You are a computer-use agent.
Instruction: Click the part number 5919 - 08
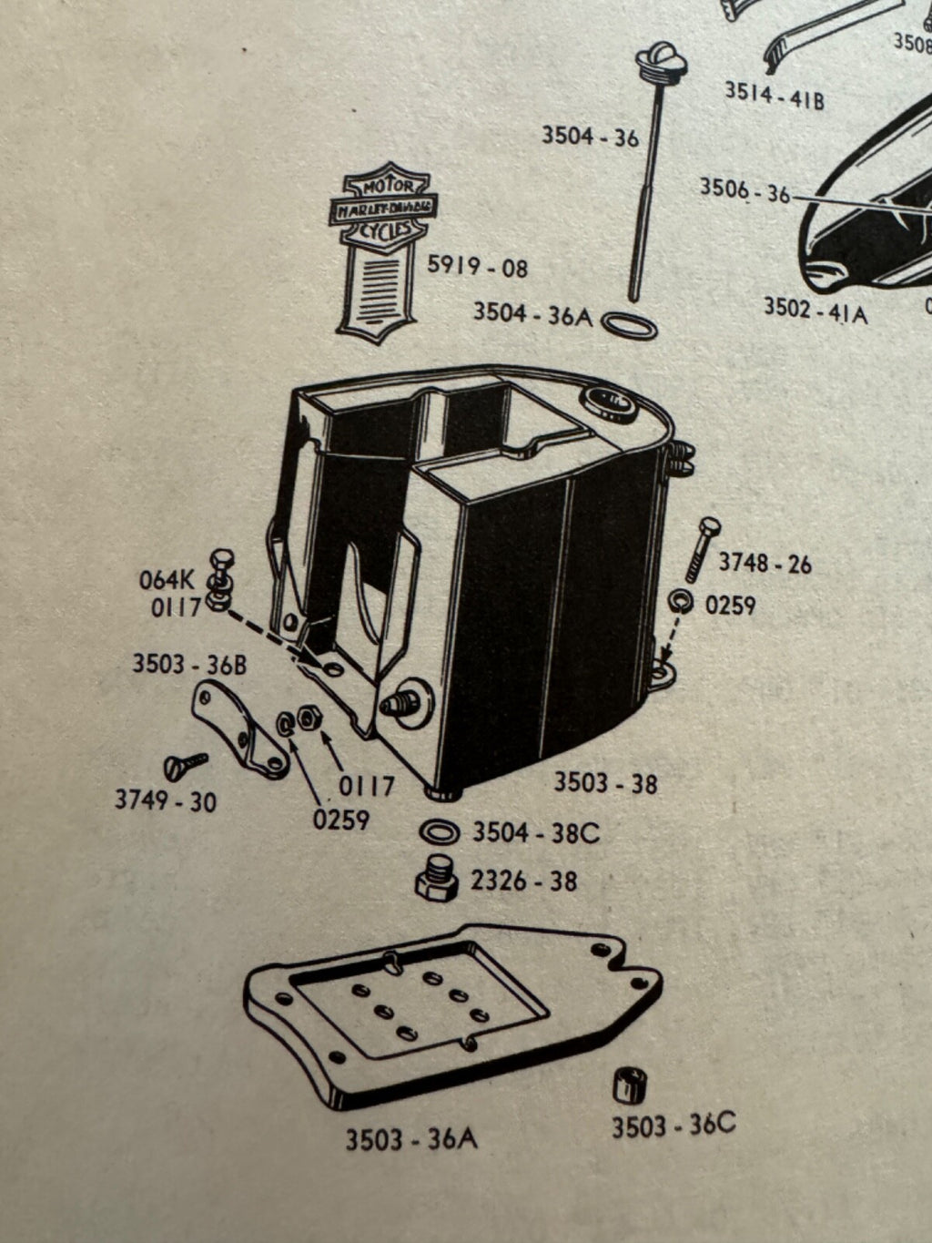(x=477, y=268)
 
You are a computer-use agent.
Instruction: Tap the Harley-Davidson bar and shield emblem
(x=382, y=250)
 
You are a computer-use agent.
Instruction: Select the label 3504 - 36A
(x=532, y=314)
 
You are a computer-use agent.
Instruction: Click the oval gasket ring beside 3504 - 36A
(x=630, y=325)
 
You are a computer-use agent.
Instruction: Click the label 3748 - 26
(x=765, y=564)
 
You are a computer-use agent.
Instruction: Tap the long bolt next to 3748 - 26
(x=702, y=548)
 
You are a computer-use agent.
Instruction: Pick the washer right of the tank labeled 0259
(x=680, y=601)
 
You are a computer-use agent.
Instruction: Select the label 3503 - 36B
(x=189, y=664)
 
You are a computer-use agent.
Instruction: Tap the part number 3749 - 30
(x=166, y=800)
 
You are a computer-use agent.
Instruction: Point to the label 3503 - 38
(x=605, y=782)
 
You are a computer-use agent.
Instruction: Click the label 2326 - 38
(x=523, y=881)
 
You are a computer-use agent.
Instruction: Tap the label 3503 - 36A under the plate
(x=410, y=1139)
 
